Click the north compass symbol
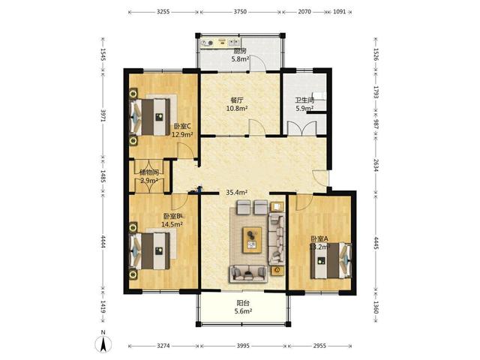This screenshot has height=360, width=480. [x=103, y=343]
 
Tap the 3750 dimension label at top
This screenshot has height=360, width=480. [x=240, y=12]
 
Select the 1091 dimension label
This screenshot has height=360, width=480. [x=339, y=12]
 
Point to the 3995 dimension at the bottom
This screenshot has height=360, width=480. [x=243, y=346]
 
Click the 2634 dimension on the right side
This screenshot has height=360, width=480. [x=376, y=165]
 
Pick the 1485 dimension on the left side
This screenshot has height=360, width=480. [x=103, y=177]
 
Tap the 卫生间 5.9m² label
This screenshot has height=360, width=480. [x=304, y=104]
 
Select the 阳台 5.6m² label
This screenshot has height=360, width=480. [x=243, y=307]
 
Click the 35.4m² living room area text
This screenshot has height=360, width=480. [x=237, y=192]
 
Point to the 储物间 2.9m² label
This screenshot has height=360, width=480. [x=149, y=176]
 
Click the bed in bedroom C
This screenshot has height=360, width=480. [x=150, y=117]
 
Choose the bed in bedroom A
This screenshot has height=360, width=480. [x=331, y=260]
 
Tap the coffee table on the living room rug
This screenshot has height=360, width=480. [x=252, y=240]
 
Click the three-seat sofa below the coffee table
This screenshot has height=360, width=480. [x=248, y=273]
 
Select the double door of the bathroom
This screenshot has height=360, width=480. [x=301, y=128]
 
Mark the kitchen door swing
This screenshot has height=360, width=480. [x=256, y=63]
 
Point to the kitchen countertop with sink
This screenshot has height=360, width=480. [x=220, y=43]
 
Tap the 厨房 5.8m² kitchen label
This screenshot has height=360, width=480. [x=240, y=55]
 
